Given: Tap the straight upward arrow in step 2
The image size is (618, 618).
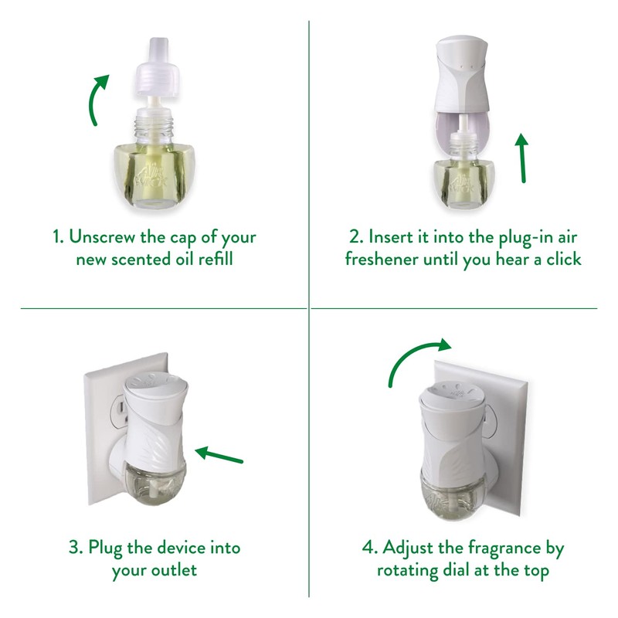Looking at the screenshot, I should (522, 158).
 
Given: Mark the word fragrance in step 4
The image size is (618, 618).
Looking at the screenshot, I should (494, 548).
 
